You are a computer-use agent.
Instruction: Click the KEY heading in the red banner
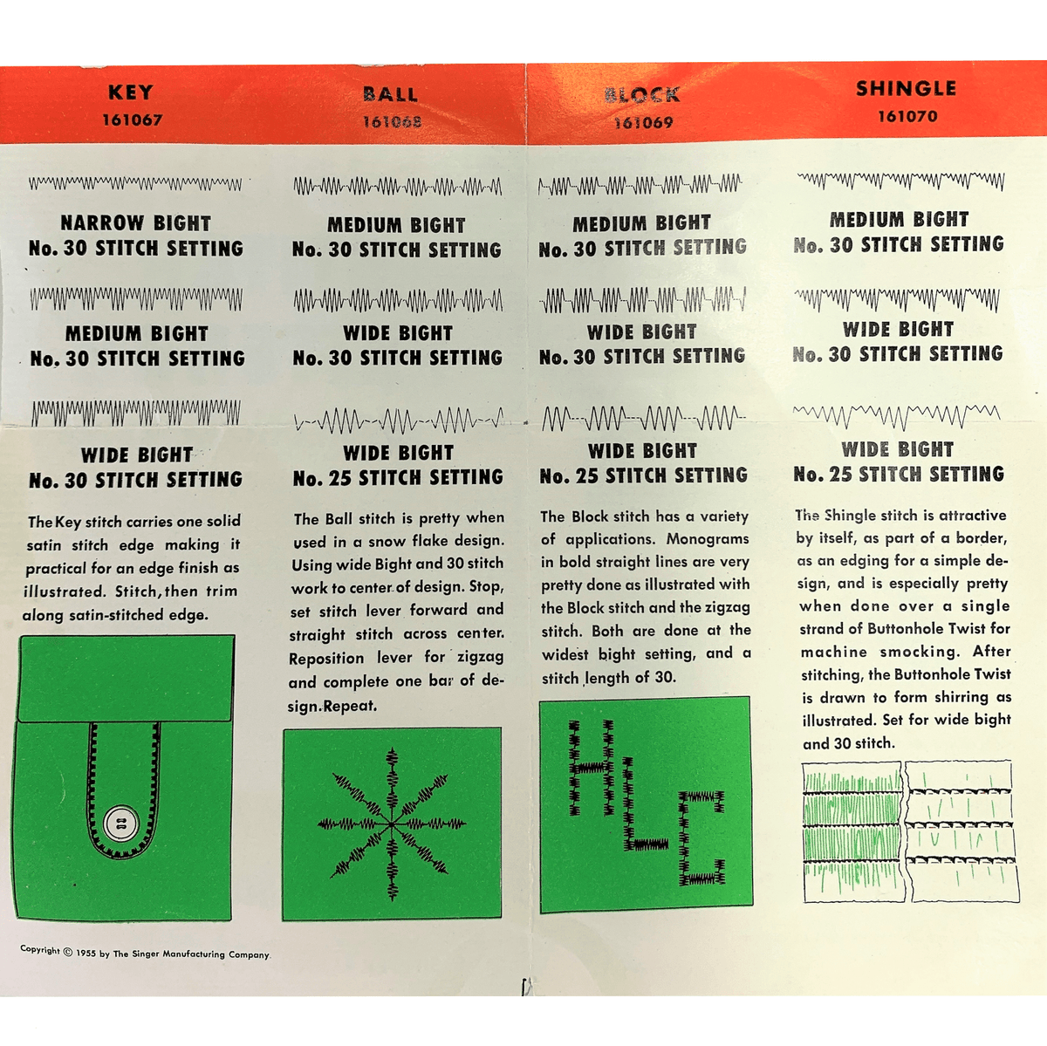[131, 92]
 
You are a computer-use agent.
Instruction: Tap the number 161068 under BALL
[392, 122]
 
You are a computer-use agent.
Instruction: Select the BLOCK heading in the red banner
[642, 95]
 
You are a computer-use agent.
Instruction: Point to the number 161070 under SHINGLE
[907, 116]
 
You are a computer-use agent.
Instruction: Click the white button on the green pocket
[120, 823]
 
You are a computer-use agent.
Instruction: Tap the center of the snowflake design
[393, 823]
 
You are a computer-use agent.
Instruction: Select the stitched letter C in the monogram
[702, 837]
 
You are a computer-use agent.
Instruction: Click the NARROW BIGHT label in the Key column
[136, 223]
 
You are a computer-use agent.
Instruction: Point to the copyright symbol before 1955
[68, 952]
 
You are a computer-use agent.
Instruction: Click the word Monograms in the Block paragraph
[707, 539]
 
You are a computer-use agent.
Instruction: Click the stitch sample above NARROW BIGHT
[135, 184]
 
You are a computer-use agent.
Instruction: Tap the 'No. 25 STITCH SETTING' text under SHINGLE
[899, 475]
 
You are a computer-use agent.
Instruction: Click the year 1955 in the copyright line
[86, 954]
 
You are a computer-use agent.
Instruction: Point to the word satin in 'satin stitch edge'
[44, 545]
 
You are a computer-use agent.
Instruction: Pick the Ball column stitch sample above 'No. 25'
[398, 421]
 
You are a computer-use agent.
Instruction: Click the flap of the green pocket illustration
[126, 679]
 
